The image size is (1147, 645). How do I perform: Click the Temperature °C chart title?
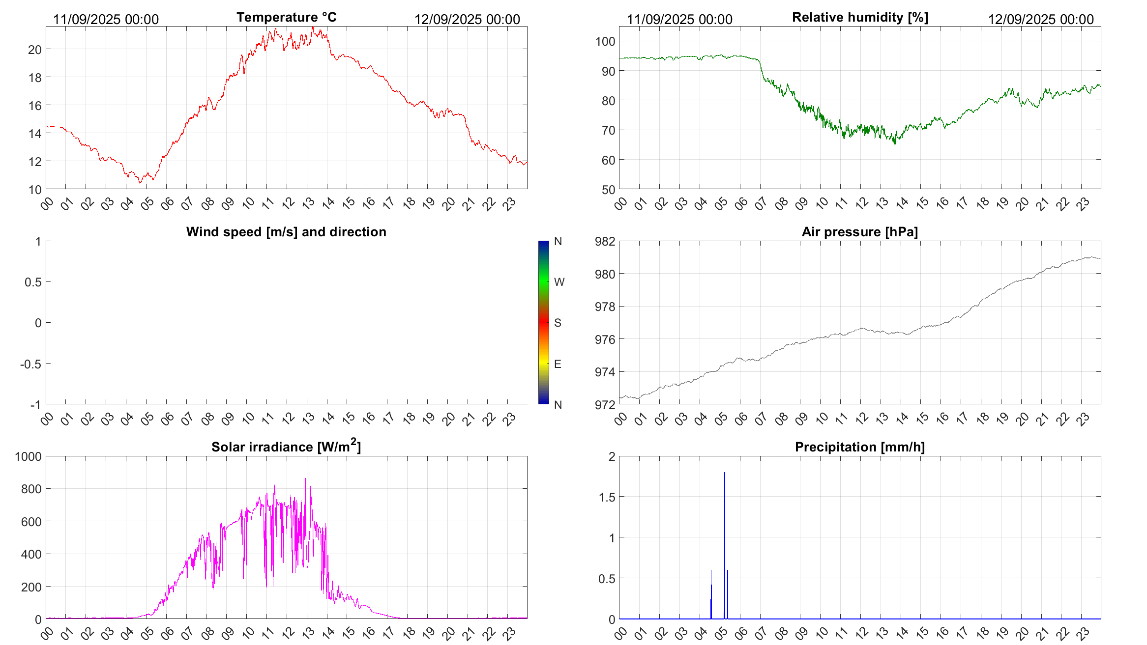[286, 17]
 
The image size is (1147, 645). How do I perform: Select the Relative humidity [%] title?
[860, 17]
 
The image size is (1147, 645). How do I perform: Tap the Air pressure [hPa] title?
[859, 232]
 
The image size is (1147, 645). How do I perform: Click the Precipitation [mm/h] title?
[859, 447]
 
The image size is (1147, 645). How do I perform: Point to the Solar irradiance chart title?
[286, 447]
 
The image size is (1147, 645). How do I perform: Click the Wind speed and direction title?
[286, 232]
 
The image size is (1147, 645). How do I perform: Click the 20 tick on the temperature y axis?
[34, 50]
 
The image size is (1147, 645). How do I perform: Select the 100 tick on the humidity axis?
[605, 41]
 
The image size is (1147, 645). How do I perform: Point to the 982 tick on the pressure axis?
[605, 241]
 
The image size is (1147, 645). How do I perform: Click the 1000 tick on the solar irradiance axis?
[29, 456]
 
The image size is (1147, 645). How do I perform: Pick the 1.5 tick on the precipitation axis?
[607, 497]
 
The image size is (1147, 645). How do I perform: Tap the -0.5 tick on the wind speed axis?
[30, 364]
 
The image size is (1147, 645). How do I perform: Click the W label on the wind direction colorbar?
[559, 282]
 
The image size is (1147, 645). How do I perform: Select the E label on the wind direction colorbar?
[558, 364]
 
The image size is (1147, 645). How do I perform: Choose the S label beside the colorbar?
[558, 323]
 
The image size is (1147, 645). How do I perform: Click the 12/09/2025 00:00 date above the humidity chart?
[1041, 19]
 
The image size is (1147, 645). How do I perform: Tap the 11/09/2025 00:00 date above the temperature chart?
[106, 19]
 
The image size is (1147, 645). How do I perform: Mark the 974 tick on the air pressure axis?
[605, 372]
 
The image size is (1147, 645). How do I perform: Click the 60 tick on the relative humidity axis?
[608, 160]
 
